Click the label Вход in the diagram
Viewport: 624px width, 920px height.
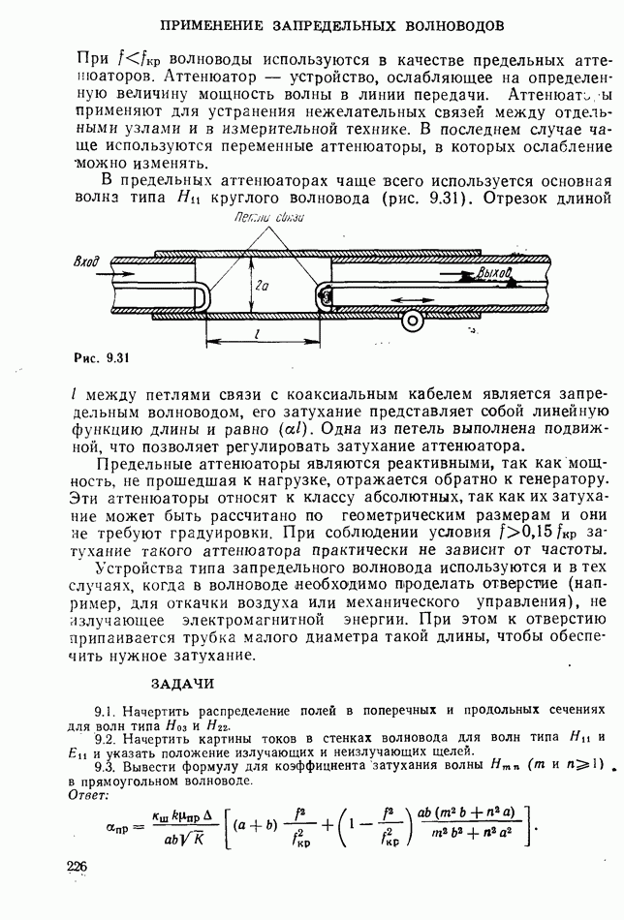90,262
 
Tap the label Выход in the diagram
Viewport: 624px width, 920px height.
493,274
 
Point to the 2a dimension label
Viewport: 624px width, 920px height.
250,287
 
